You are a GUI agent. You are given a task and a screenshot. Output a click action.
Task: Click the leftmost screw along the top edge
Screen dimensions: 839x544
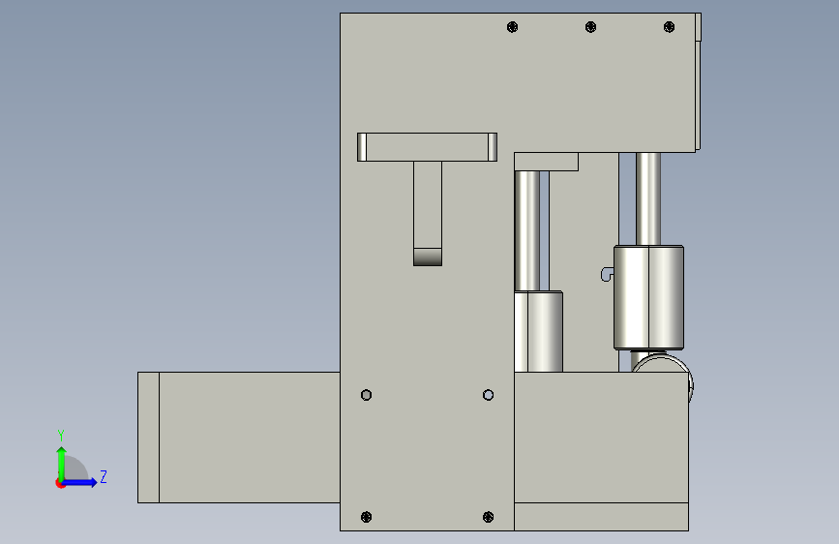pos(512,27)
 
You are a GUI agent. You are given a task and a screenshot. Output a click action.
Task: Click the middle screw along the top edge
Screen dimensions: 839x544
pos(590,27)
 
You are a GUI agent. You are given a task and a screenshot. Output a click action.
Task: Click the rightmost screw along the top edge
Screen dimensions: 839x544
pos(669,27)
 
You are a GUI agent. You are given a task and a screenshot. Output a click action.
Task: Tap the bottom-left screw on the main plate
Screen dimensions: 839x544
pos(366,517)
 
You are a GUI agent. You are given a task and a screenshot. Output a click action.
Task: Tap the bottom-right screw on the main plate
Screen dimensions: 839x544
pos(488,517)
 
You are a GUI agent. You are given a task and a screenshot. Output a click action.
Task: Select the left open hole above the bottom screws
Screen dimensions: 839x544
pos(366,395)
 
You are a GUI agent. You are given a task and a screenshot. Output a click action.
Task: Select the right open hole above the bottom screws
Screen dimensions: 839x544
pos(488,395)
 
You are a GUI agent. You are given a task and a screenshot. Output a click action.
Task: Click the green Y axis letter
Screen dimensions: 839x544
pos(61,436)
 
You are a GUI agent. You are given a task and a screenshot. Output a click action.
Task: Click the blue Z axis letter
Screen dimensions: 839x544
pos(104,476)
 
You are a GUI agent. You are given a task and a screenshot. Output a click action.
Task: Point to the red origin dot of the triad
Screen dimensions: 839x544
pos(60,483)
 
